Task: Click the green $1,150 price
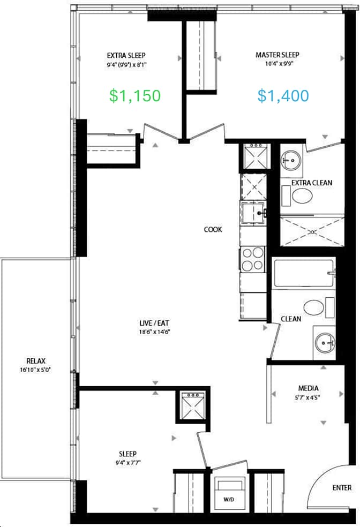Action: click(x=135, y=96)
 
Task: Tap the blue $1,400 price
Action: click(x=283, y=96)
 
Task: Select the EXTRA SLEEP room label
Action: click(x=126, y=56)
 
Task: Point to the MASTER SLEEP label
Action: click(x=277, y=55)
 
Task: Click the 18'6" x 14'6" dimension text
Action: click(x=154, y=332)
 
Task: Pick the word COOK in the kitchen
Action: click(x=213, y=230)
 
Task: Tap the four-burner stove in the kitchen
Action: click(x=253, y=259)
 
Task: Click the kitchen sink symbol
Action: click(x=253, y=213)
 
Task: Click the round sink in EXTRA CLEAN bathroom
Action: click(x=291, y=161)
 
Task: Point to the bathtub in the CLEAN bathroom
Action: click(x=304, y=273)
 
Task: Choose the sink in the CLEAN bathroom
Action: click(x=324, y=343)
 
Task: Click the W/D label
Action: click(x=229, y=500)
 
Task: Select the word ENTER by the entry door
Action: click(x=342, y=488)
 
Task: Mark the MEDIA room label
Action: click(x=308, y=388)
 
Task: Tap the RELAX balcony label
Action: click(x=36, y=362)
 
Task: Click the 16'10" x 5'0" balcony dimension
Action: click(x=36, y=370)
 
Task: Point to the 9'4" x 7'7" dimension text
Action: click(x=127, y=463)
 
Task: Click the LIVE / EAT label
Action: click(x=154, y=323)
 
